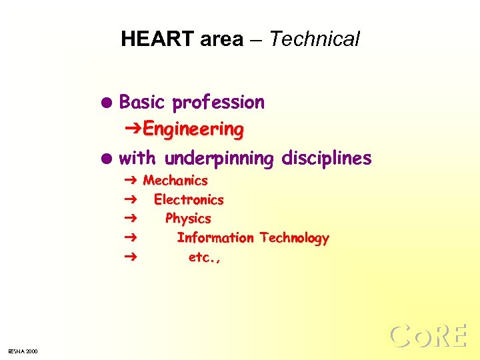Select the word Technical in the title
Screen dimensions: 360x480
[315, 39]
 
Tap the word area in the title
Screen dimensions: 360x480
[221, 40]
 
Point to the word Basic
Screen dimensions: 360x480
[142, 102]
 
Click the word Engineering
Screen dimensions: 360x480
[193, 129]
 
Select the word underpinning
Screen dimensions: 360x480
[219, 159]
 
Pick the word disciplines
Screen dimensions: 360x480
[327, 159]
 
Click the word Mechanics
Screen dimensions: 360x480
[175, 181]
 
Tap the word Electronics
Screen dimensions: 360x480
[189, 200]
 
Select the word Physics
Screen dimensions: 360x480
[188, 219]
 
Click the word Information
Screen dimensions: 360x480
[215, 238]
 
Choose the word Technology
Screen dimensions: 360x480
[295, 239]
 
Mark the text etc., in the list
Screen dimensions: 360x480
[205, 257]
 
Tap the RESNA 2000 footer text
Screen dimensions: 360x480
[23, 351]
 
